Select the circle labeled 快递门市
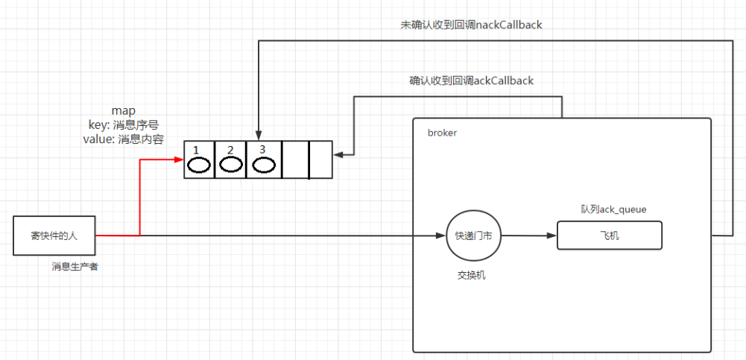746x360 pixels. (x=473, y=236)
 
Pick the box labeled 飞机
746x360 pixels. (x=609, y=236)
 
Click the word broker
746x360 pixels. (x=442, y=133)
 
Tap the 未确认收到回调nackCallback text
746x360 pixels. (x=471, y=25)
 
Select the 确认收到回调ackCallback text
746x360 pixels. (x=471, y=80)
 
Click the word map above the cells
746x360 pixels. (x=123, y=111)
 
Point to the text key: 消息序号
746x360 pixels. (x=123, y=124)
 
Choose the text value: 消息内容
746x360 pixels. (x=123, y=139)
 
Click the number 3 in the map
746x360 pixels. (x=262, y=149)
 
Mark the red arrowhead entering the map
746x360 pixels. (x=180, y=159)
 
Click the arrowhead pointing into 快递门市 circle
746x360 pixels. (x=440, y=236)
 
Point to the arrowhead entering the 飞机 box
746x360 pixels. (x=552, y=236)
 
